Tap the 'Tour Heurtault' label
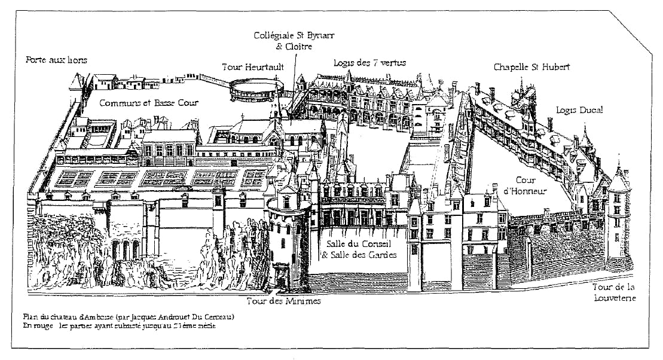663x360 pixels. click(253, 67)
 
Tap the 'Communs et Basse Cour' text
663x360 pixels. click(148, 102)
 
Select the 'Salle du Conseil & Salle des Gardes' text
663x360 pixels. click(360, 249)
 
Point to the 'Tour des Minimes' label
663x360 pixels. click(284, 301)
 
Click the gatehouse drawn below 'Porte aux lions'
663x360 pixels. click(80, 84)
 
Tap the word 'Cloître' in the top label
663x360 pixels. click(300, 46)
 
